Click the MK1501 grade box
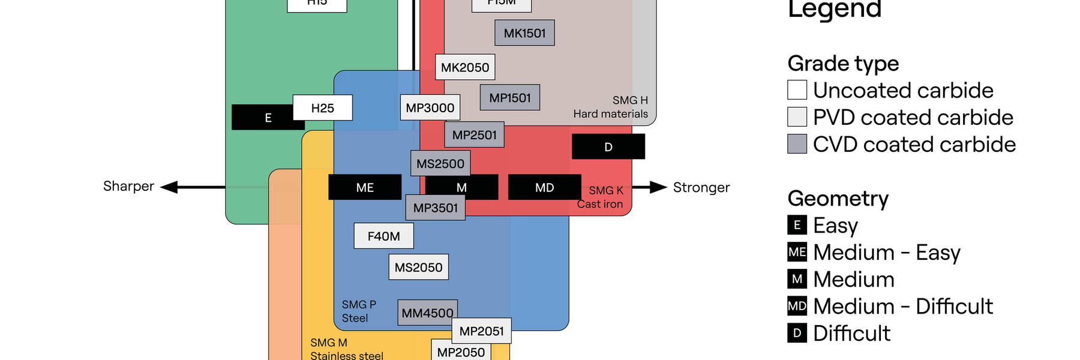(x=524, y=33)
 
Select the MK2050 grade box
(x=465, y=67)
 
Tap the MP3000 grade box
(x=430, y=108)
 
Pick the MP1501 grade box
(x=510, y=97)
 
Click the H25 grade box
(x=322, y=108)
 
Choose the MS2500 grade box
(x=440, y=163)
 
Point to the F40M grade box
(x=383, y=236)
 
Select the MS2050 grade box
(x=418, y=268)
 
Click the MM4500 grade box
(x=427, y=313)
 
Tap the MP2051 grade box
(x=481, y=331)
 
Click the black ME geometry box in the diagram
(x=365, y=187)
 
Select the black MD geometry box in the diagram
(x=544, y=187)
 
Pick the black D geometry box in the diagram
(x=608, y=147)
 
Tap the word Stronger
(x=701, y=187)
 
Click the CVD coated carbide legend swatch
(x=797, y=144)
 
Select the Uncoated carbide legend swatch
(x=797, y=90)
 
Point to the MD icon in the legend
(x=797, y=306)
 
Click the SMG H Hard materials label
(x=611, y=107)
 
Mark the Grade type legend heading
(x=843, y=63)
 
